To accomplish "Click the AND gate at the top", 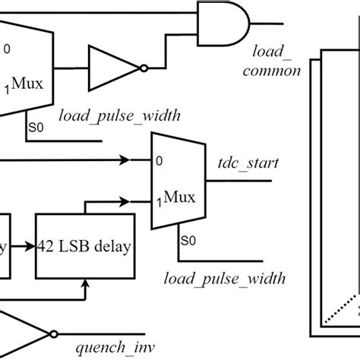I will coord(221,29).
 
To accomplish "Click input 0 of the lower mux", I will coord(159,161).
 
